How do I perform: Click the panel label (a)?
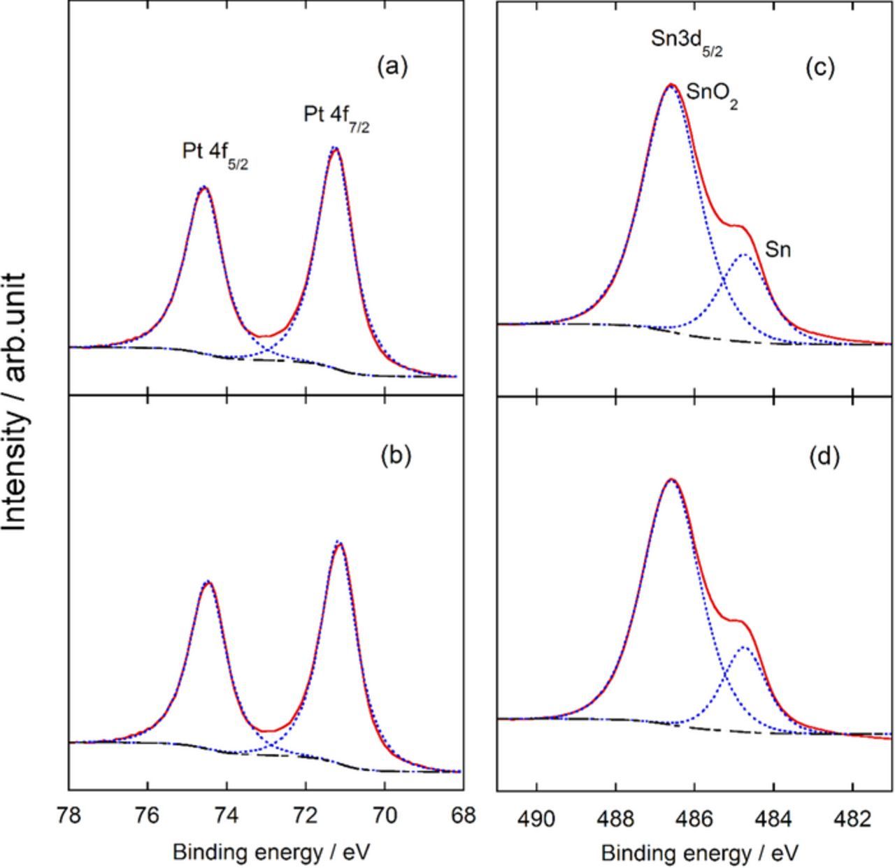point(392,67)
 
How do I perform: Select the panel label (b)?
point(396,455)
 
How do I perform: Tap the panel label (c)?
point(820,67)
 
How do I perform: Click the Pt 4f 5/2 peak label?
point(215,155)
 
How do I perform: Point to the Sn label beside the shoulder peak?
point(778,249)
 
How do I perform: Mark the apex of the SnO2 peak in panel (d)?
point(671,479)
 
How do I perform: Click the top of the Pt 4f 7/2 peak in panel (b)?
point(339,543)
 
